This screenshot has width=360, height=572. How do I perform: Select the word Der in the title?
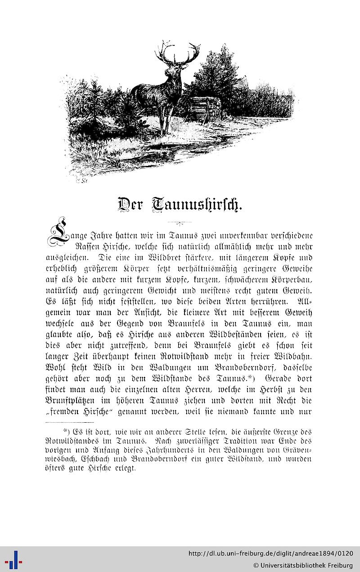[130, 205]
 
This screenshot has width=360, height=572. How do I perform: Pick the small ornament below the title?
[180, 222]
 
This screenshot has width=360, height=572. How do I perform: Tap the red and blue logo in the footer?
[13, 559]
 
